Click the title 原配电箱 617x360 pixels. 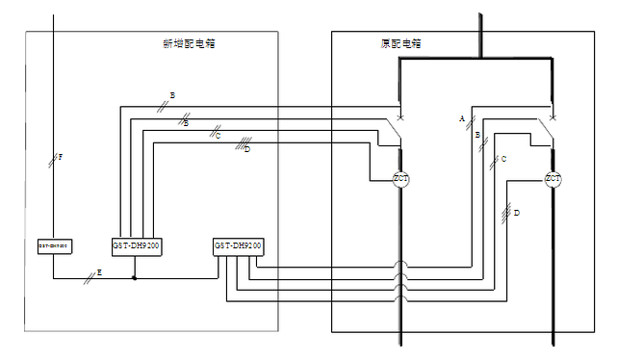coord(400,44)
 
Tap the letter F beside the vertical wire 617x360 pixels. coord(61,157)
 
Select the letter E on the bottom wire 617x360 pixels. coord(99,273)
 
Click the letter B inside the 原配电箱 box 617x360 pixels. coord(477,136)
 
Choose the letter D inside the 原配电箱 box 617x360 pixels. coord(517,212)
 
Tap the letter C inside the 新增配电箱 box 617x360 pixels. coord(219,137)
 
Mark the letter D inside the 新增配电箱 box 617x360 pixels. coord(247,149)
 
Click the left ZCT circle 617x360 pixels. coord(401,179)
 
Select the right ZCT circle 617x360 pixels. coord(553,179)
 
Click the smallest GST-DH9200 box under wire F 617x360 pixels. coord(53,246)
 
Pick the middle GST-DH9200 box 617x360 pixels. coord(136,246)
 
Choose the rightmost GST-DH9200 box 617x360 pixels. coord(238,247)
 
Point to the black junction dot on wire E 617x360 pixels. coord(134,279)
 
